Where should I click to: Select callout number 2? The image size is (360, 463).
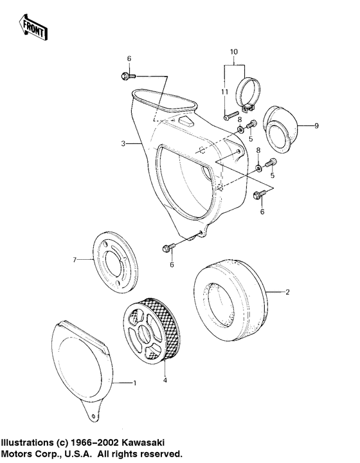point(287,292)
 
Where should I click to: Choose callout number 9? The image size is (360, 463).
point(316,125)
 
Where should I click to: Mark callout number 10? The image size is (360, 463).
point(233,51)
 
